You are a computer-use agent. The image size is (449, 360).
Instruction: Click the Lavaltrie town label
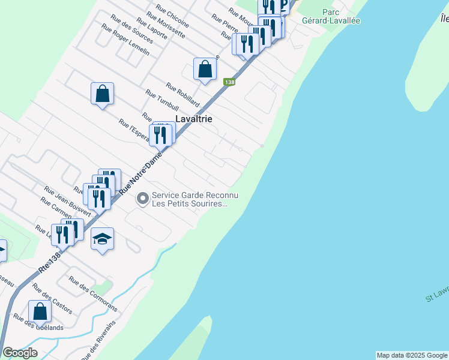pos(193,119)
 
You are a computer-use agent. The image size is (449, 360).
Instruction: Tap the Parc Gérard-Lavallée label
pos(340,16)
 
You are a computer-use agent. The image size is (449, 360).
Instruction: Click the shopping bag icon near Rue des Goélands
pos(40,311)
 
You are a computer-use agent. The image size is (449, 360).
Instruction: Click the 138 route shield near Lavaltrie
pos(229,82)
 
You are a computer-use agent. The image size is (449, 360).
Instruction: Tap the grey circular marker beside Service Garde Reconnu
pos(143,197)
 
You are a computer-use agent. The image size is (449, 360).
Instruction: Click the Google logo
pos(20,353)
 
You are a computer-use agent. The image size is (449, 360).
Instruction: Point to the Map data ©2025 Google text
pos(412,355)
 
